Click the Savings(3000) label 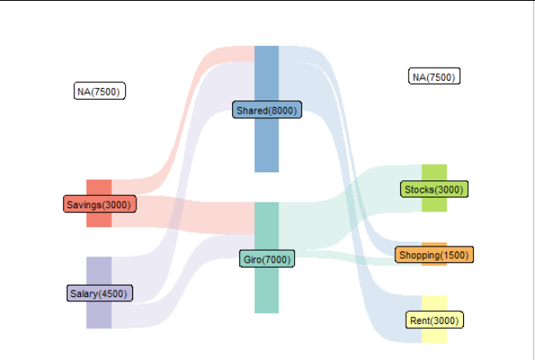(x=100, y=204)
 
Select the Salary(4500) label (x=100, y=293)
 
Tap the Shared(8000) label (x=267, y=109)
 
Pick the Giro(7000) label (x=267, y=259)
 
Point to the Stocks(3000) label (x=434, y=189)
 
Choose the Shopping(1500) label (x=434, y=255)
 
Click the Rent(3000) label (x=435, y=320)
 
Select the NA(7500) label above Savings (x=100, y=91)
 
